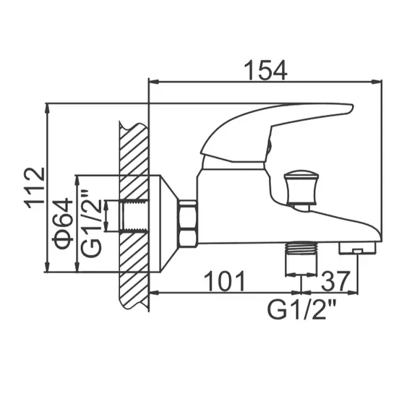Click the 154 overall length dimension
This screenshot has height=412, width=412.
point(264,70)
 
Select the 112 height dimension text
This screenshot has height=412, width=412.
point(33,188)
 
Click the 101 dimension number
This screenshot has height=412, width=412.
point(222,280)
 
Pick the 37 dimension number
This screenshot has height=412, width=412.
point(337,280)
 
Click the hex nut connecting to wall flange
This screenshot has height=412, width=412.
point(188,224)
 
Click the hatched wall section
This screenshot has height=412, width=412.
point(134,217)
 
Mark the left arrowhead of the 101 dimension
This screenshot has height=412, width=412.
point(154,293)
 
